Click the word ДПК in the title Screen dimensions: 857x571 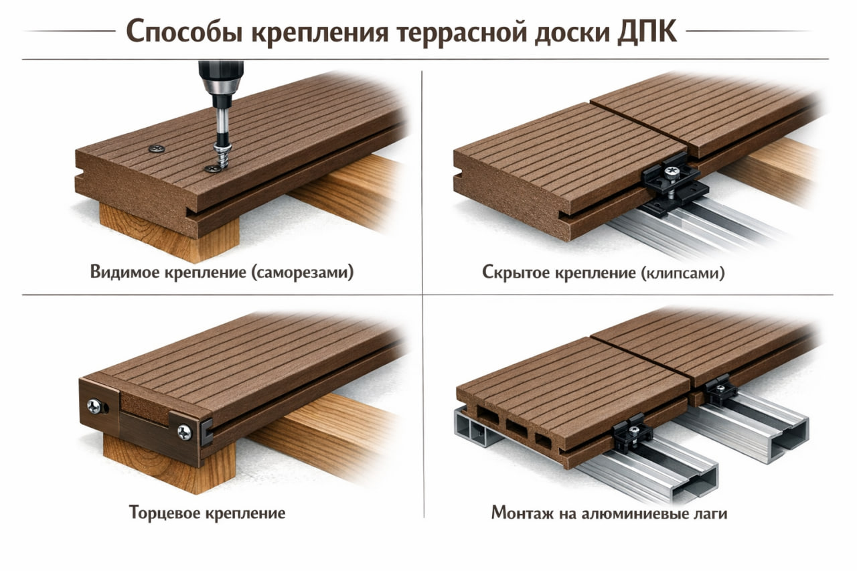coord(647,31)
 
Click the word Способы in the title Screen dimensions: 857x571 coord(184,32)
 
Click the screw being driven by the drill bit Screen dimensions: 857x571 coord(222,156)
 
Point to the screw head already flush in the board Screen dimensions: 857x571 coord(157,149)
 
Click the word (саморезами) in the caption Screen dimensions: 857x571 coord(303,272)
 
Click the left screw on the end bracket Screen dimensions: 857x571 coord(94,406)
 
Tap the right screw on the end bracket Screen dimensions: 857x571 coord(185,432)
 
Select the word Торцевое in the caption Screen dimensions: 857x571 coord(165,513)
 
